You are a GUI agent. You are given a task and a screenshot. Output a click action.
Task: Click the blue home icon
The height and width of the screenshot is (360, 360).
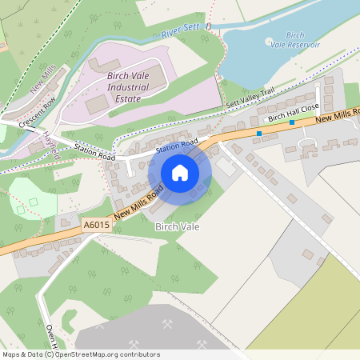click(x=180, y=172)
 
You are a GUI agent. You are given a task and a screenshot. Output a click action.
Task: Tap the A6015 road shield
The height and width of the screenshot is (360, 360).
click(x=95, y=227)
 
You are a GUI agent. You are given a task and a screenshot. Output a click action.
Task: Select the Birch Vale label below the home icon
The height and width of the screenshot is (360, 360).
click(x=177, y=227)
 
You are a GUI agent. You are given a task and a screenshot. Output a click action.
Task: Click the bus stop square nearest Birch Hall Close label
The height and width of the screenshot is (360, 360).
click(x=292, y=123)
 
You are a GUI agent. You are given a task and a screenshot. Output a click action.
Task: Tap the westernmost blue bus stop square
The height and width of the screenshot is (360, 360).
click(x=259, y=133)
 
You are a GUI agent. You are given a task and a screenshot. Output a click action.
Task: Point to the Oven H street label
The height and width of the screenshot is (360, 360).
click(x=53, y=335)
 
